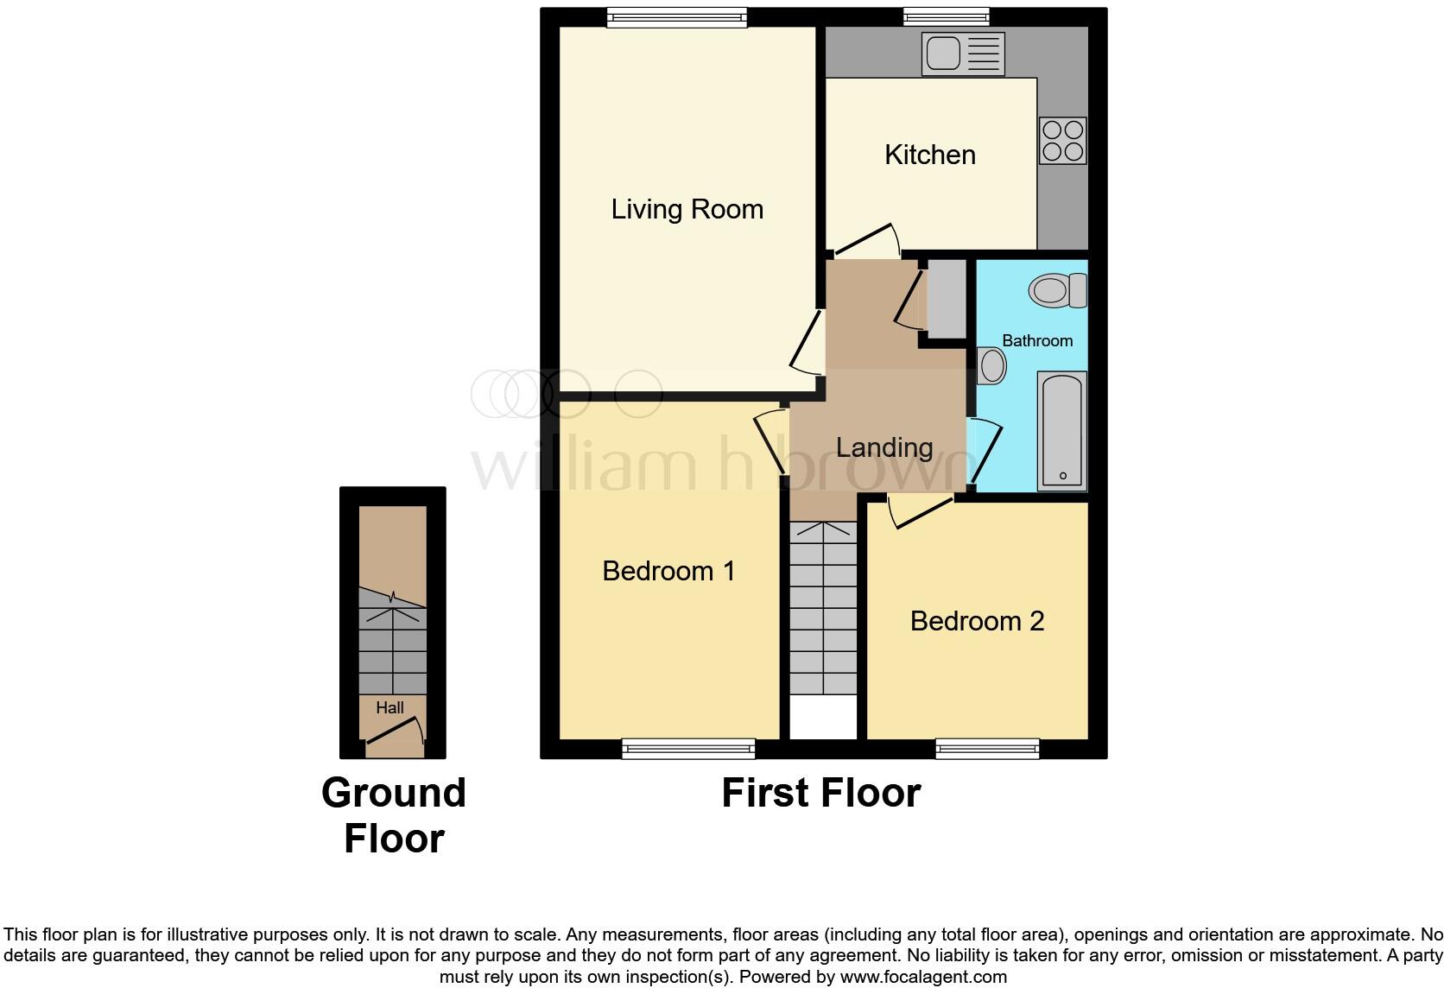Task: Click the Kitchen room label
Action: coord(929,155)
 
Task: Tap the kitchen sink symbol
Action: coord(962,54)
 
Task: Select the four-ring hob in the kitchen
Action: coord(1062,141)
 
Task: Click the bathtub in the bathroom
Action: coord(1061,429)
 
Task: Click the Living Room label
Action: coord(687,209)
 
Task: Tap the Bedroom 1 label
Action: coord(668,571)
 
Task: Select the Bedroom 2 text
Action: coord(977,621)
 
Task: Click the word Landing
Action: coord(883,447)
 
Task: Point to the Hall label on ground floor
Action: coord(389,707)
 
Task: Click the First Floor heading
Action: coord(820,793)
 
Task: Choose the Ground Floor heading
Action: coord(394,815)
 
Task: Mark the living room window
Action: coord(676,17)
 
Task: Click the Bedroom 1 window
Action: coord(688,749)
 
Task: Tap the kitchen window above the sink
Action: coord(946,17)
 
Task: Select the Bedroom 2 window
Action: coord(987,749)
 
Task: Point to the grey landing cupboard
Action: coord(946,298)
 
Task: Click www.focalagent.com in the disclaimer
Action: coord(922,978)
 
